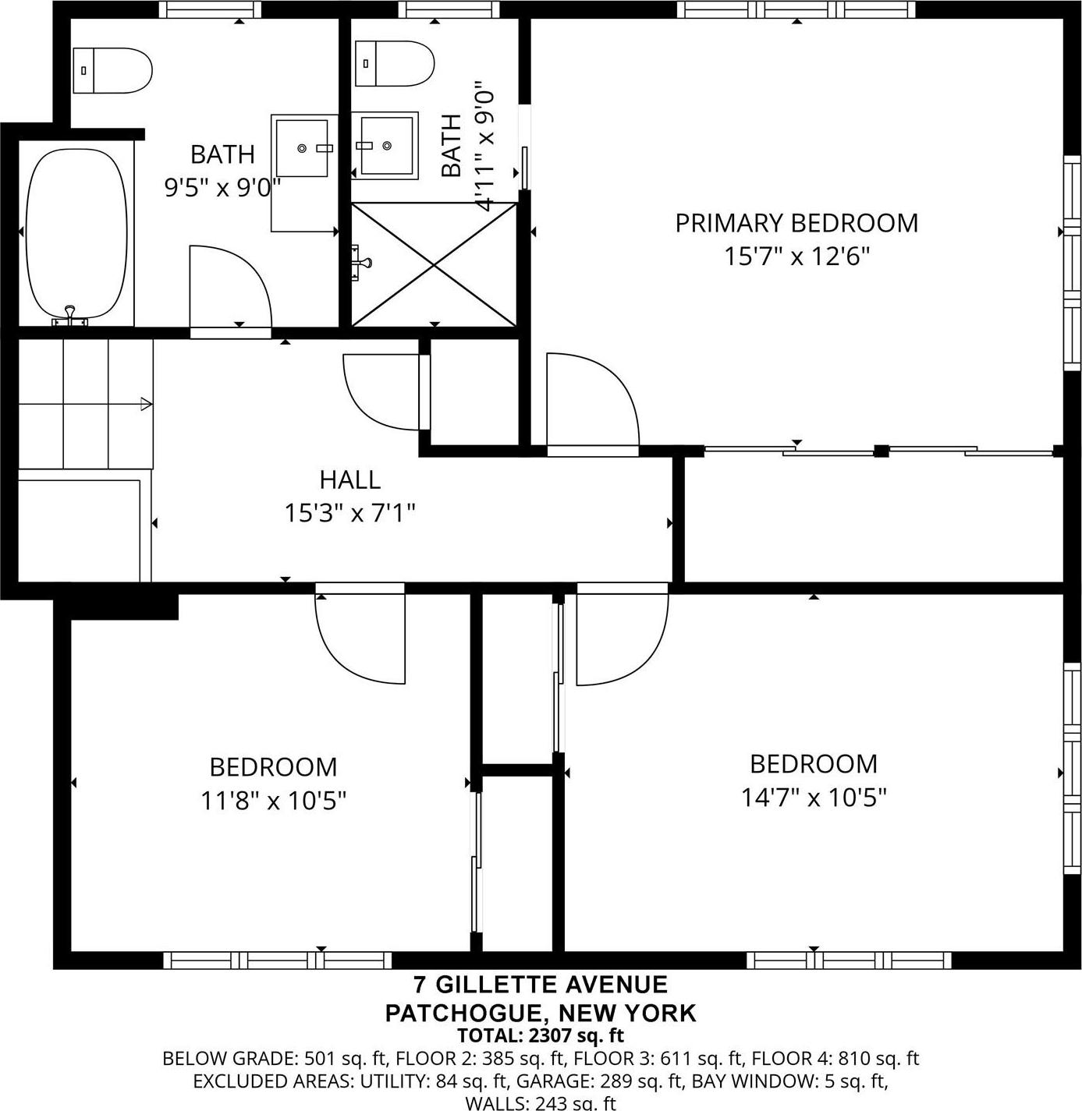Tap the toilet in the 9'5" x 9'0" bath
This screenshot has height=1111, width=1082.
[112, 70]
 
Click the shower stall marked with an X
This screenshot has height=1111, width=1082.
[434, 264]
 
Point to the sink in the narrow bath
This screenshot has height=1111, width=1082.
[386, 145]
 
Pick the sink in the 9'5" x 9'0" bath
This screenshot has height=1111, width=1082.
[303, 148]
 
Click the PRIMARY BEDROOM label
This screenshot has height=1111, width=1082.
[796, 223]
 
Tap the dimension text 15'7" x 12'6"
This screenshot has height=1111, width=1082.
[796, 257]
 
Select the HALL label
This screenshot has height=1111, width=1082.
[349, 479]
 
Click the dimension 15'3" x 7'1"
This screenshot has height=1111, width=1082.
[349, 514]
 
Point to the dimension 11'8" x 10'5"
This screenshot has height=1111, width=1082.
[273, 801]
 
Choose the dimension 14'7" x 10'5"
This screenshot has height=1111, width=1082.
[813, 798]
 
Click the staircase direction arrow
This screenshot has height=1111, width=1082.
[145, 404]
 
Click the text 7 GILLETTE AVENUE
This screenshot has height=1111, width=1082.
[540, 985]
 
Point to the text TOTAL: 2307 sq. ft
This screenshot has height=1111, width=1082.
[540, 1036]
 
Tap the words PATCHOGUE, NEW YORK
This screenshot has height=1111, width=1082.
[540, 1013]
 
